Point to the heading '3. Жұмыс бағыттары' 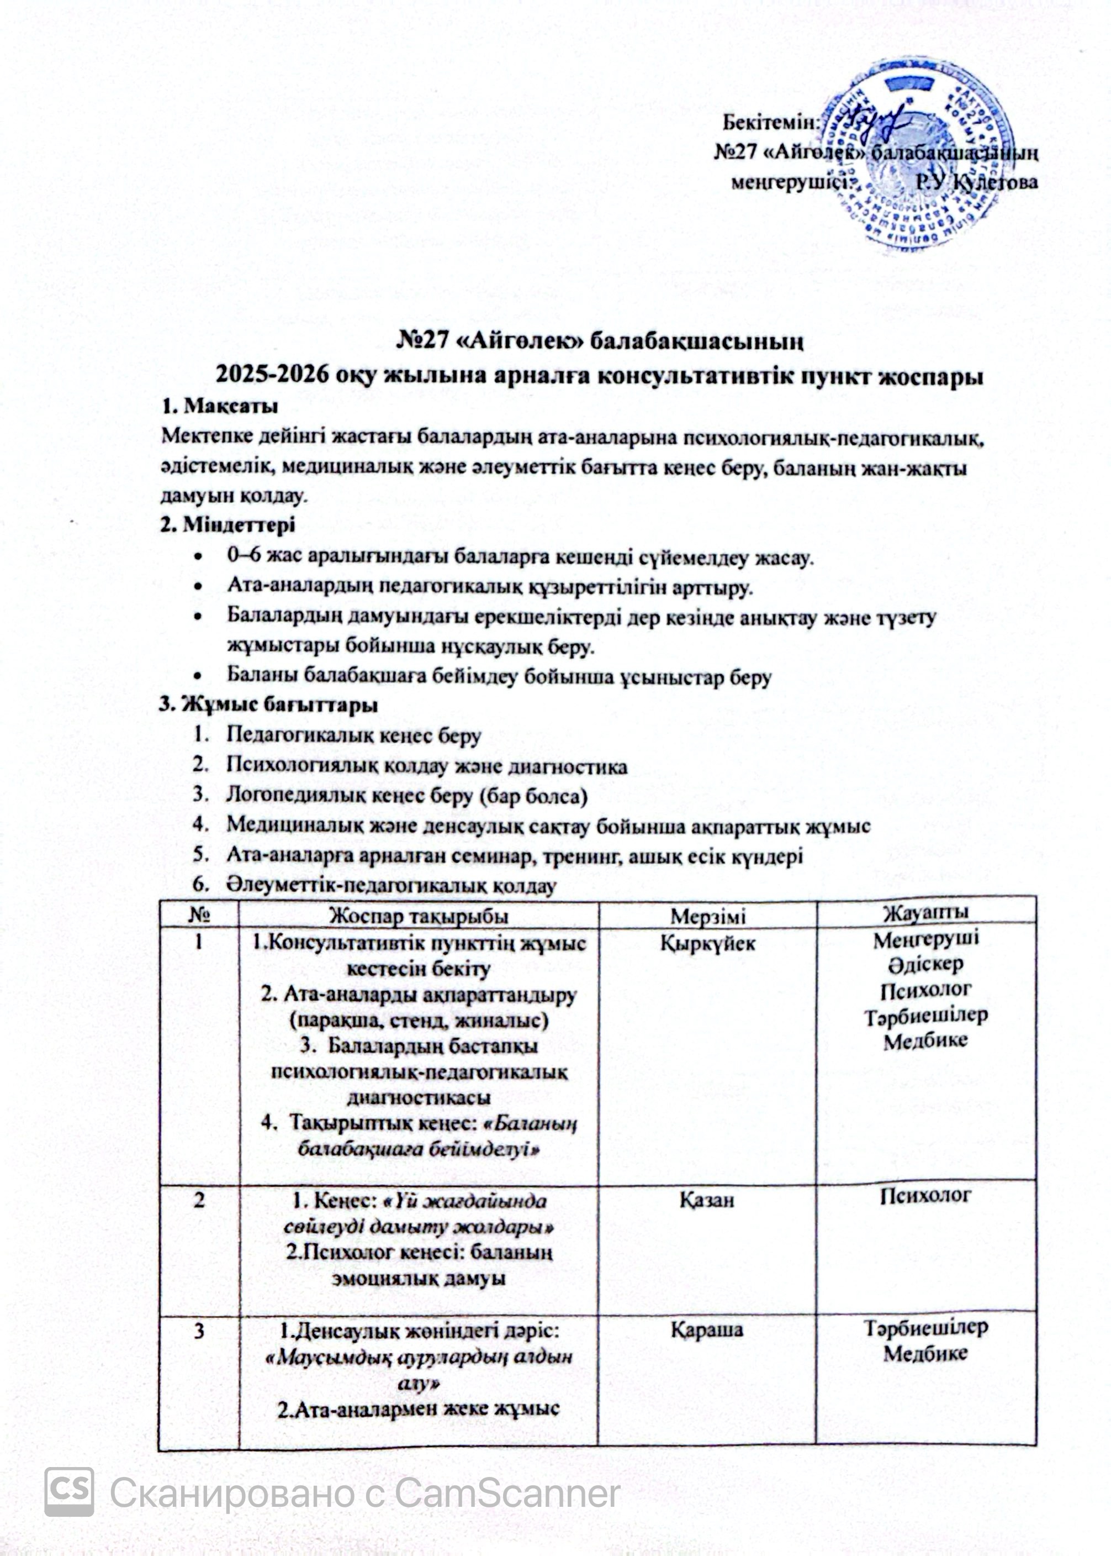coord(268,705)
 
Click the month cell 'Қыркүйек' coord(707,943)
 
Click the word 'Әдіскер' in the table coord(925,964)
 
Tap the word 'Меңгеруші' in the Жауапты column coord(925,939)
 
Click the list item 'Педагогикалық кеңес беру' coord(354,735)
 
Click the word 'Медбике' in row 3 coord(925,1353)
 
